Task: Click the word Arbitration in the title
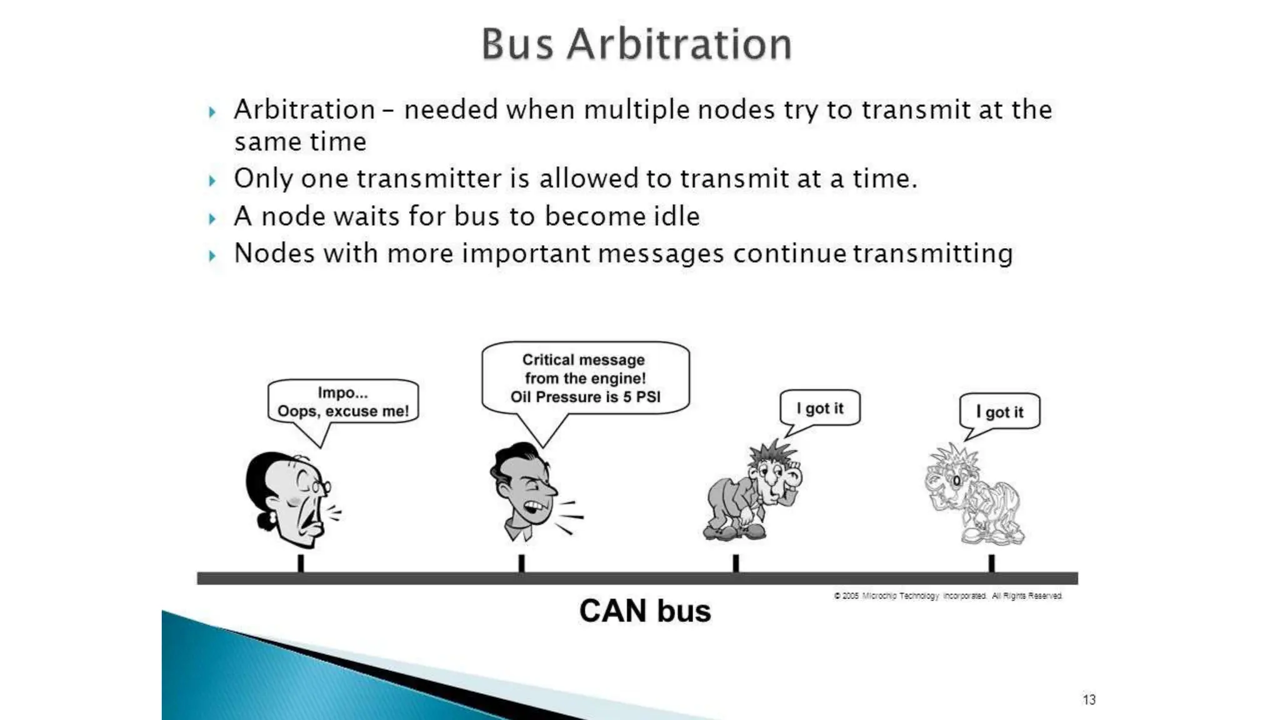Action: tap(679, 44)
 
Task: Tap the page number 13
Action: tap(1089, 699)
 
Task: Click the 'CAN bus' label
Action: tap(644, 611)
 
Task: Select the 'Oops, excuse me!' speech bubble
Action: tap(342, 402)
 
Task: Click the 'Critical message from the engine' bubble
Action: tap(585, 377)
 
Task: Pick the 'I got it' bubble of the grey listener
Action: tap(819, 408)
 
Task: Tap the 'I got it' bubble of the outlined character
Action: tap(999, 411)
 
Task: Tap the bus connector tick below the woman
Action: tap(301, 563)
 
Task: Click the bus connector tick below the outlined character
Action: tap(991, 563)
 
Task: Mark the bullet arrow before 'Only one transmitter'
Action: tap(212, 181)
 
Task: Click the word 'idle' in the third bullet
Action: tap(676, 216)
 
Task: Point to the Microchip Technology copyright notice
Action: tap(947, 596)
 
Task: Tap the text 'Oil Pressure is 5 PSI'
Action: tap(585, 397)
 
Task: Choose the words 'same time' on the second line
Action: tap(300, 142)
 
